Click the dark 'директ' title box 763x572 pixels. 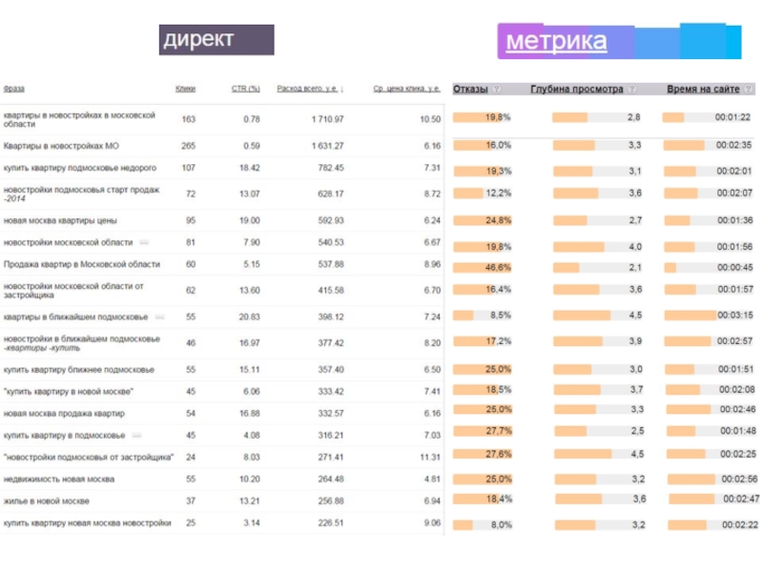coord(217,40)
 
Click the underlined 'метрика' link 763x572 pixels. coord(556,41)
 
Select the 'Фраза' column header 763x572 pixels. coord(14,89)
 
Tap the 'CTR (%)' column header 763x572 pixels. coord(245,89)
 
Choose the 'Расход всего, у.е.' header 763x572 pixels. coord(309,89)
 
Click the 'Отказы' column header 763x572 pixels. coord(470,89)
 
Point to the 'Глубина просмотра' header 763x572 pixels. coord(577,89)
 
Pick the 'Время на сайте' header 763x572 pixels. coord(703,89)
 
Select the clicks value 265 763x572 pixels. coord(188,146)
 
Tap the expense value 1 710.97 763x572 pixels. coord(327,119)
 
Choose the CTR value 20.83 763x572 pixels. coord(250,316)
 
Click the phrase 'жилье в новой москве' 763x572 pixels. coord(47,500)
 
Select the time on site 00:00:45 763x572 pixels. coord(735,268)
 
